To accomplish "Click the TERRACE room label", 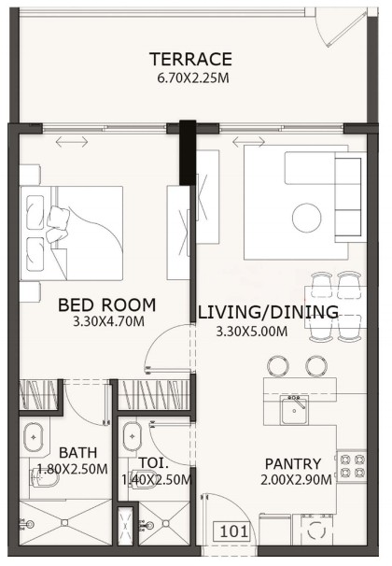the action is click(190, 59).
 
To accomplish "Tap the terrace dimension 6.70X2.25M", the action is click(193, 78).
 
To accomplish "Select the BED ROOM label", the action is click(107, 305).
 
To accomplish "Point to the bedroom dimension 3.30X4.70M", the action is click(108, 321).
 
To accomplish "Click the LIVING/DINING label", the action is click(268, 312).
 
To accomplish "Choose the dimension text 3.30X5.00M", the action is click(252, 332).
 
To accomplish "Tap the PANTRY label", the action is click(293, 464).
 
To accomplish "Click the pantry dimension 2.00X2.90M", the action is click(296, 480).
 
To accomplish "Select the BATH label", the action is click(77, 453).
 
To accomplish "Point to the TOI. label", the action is click(154, 462).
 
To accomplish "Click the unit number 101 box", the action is click(233, 531).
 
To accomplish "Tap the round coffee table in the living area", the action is click(306, 218).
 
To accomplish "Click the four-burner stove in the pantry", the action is click(352, 466).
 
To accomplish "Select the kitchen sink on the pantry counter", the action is click(295, 410).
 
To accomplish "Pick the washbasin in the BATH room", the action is click(34, 437).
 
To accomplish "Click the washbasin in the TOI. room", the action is click(132, 436).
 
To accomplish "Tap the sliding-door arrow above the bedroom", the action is click(72, 142).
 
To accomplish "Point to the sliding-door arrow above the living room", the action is click(248, 142).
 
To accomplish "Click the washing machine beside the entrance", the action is click(317, 530).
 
